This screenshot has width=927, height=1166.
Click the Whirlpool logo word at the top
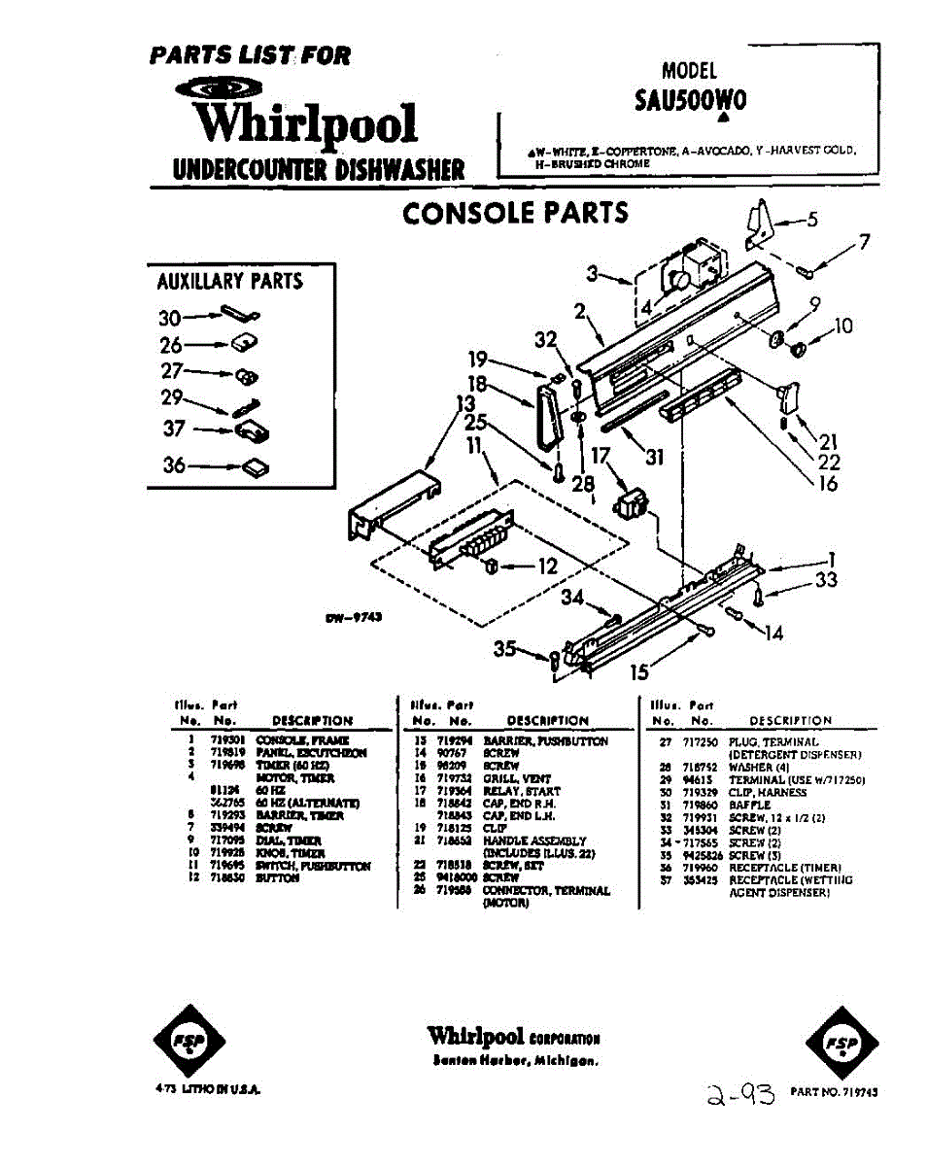click(x=304, y=123)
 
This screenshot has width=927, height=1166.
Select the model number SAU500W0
click(x=690, y=101)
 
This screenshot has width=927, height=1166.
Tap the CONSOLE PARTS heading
click(x=515, y=213)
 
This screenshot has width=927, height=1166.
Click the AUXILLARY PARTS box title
click(x=230, y=282)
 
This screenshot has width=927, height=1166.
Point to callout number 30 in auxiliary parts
click(x=169, y=318)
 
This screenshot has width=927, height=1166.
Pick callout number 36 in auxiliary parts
click(x=174, y=465)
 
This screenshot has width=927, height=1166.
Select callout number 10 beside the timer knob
click(x=841, y=326)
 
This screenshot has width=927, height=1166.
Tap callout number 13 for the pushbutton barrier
click(x=465, y=403)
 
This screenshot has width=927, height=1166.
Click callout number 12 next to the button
click(x=547, y=567)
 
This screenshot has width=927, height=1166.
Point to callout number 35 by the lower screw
click(x=504, y=649)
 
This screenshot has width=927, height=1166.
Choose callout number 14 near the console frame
click(x=773, y=634)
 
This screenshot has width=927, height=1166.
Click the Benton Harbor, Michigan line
click(x=514, y=1060)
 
